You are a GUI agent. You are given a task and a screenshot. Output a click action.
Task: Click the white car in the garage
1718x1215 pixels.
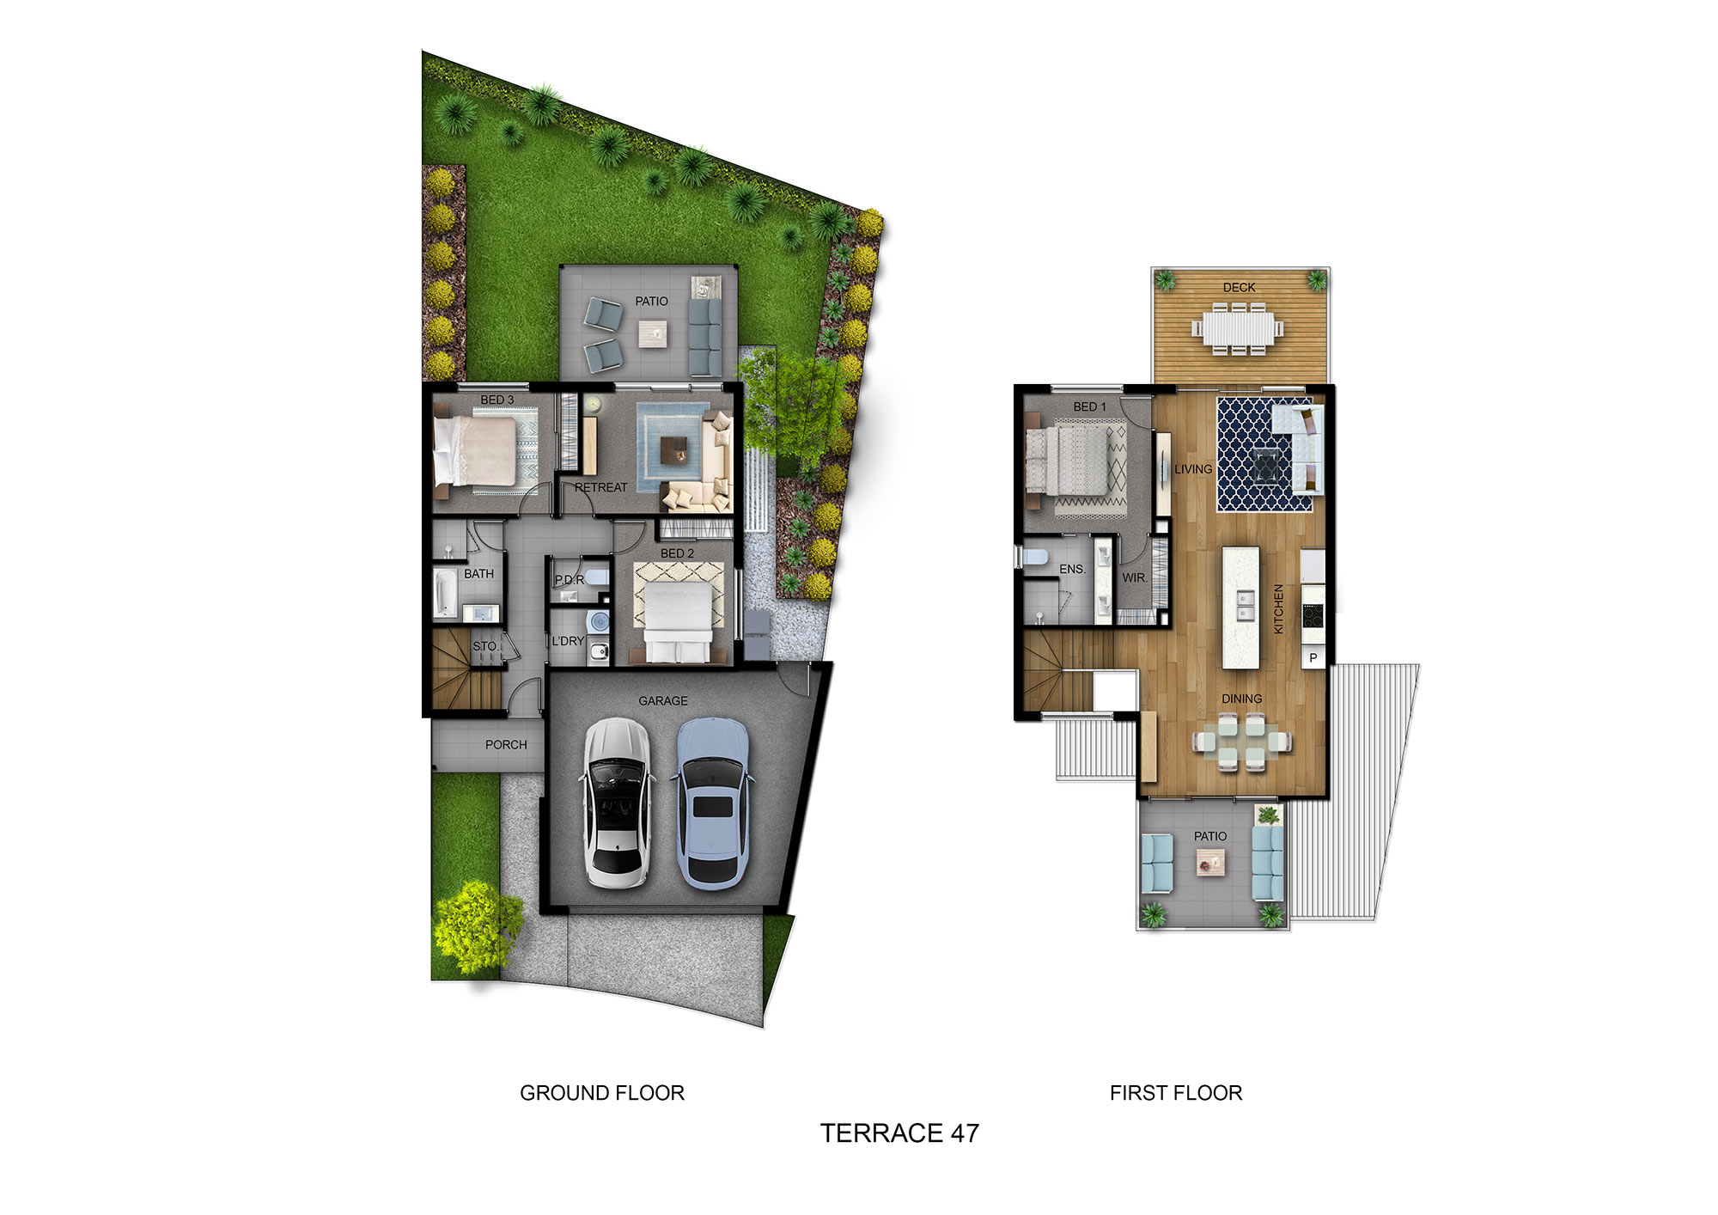616,803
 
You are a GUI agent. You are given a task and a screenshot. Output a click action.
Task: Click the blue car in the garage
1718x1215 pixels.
712,803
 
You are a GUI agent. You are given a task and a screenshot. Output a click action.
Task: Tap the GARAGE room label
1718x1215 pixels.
662,701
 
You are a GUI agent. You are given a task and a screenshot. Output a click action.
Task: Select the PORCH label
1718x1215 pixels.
506,745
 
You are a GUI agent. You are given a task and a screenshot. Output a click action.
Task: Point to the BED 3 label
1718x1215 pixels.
497,400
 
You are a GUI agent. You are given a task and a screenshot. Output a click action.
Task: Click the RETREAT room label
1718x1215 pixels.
600,487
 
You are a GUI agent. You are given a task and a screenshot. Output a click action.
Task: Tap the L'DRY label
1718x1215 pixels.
568,641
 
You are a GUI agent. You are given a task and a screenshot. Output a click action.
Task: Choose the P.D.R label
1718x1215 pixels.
569,580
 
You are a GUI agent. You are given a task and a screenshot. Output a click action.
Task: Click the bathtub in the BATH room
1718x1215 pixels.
445,593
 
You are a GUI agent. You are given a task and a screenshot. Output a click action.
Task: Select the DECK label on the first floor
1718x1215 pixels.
1239,287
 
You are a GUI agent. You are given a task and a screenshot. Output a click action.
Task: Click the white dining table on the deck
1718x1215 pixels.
1238,327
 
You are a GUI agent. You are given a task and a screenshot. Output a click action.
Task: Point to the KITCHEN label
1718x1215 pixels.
1278,609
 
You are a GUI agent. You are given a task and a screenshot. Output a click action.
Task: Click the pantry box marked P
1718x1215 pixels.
1313,658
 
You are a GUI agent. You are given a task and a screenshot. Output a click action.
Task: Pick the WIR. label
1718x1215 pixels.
1134,577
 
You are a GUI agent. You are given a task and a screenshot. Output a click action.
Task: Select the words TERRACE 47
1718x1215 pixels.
899,1133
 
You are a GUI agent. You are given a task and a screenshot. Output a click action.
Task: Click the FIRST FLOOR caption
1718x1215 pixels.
1176,1093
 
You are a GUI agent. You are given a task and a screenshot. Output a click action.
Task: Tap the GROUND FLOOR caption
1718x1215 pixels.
602,1093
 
